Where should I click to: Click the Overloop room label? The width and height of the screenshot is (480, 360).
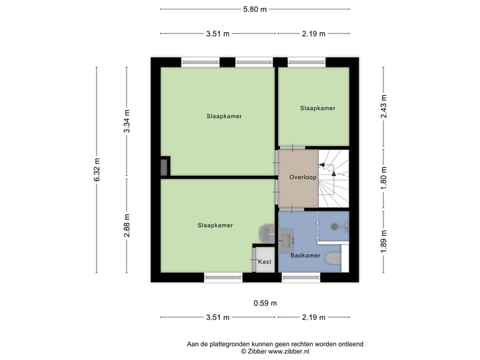[302, 178]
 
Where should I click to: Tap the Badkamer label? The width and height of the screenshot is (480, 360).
[306, 255]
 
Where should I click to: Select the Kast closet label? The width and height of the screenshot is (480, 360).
[265, 263]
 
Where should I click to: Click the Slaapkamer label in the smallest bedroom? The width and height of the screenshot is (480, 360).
[317, 108]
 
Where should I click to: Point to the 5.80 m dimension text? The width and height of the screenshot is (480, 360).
[254, 9]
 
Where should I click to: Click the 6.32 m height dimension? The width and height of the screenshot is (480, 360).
[97, 170]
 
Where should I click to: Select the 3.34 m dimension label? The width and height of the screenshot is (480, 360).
[127, 121]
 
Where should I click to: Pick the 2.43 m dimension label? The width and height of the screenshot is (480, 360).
[383, 107]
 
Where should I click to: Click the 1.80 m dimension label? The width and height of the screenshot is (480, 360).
[383, 177]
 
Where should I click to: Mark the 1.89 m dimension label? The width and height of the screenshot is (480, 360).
[383, 241]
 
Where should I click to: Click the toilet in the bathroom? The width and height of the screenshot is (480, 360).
[333, 259]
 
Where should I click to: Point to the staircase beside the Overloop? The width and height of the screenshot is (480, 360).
[333, 178]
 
